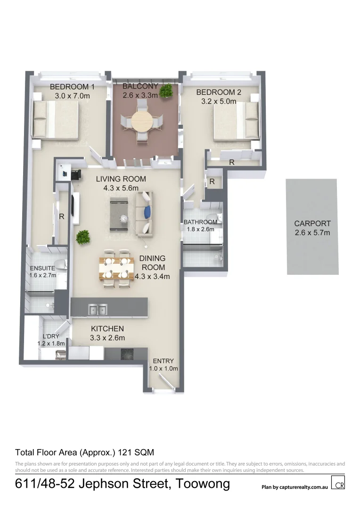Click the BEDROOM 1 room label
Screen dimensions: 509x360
[73, 87]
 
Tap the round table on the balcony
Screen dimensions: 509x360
[142, 122]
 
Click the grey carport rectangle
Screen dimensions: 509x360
[312, 226]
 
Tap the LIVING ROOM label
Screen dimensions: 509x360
[121, 179]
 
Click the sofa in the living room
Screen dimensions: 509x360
[144, 214]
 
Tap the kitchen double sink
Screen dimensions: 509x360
[98, 310]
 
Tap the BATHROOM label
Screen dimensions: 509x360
[200, 222]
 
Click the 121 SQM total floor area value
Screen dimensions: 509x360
[137, 452]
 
